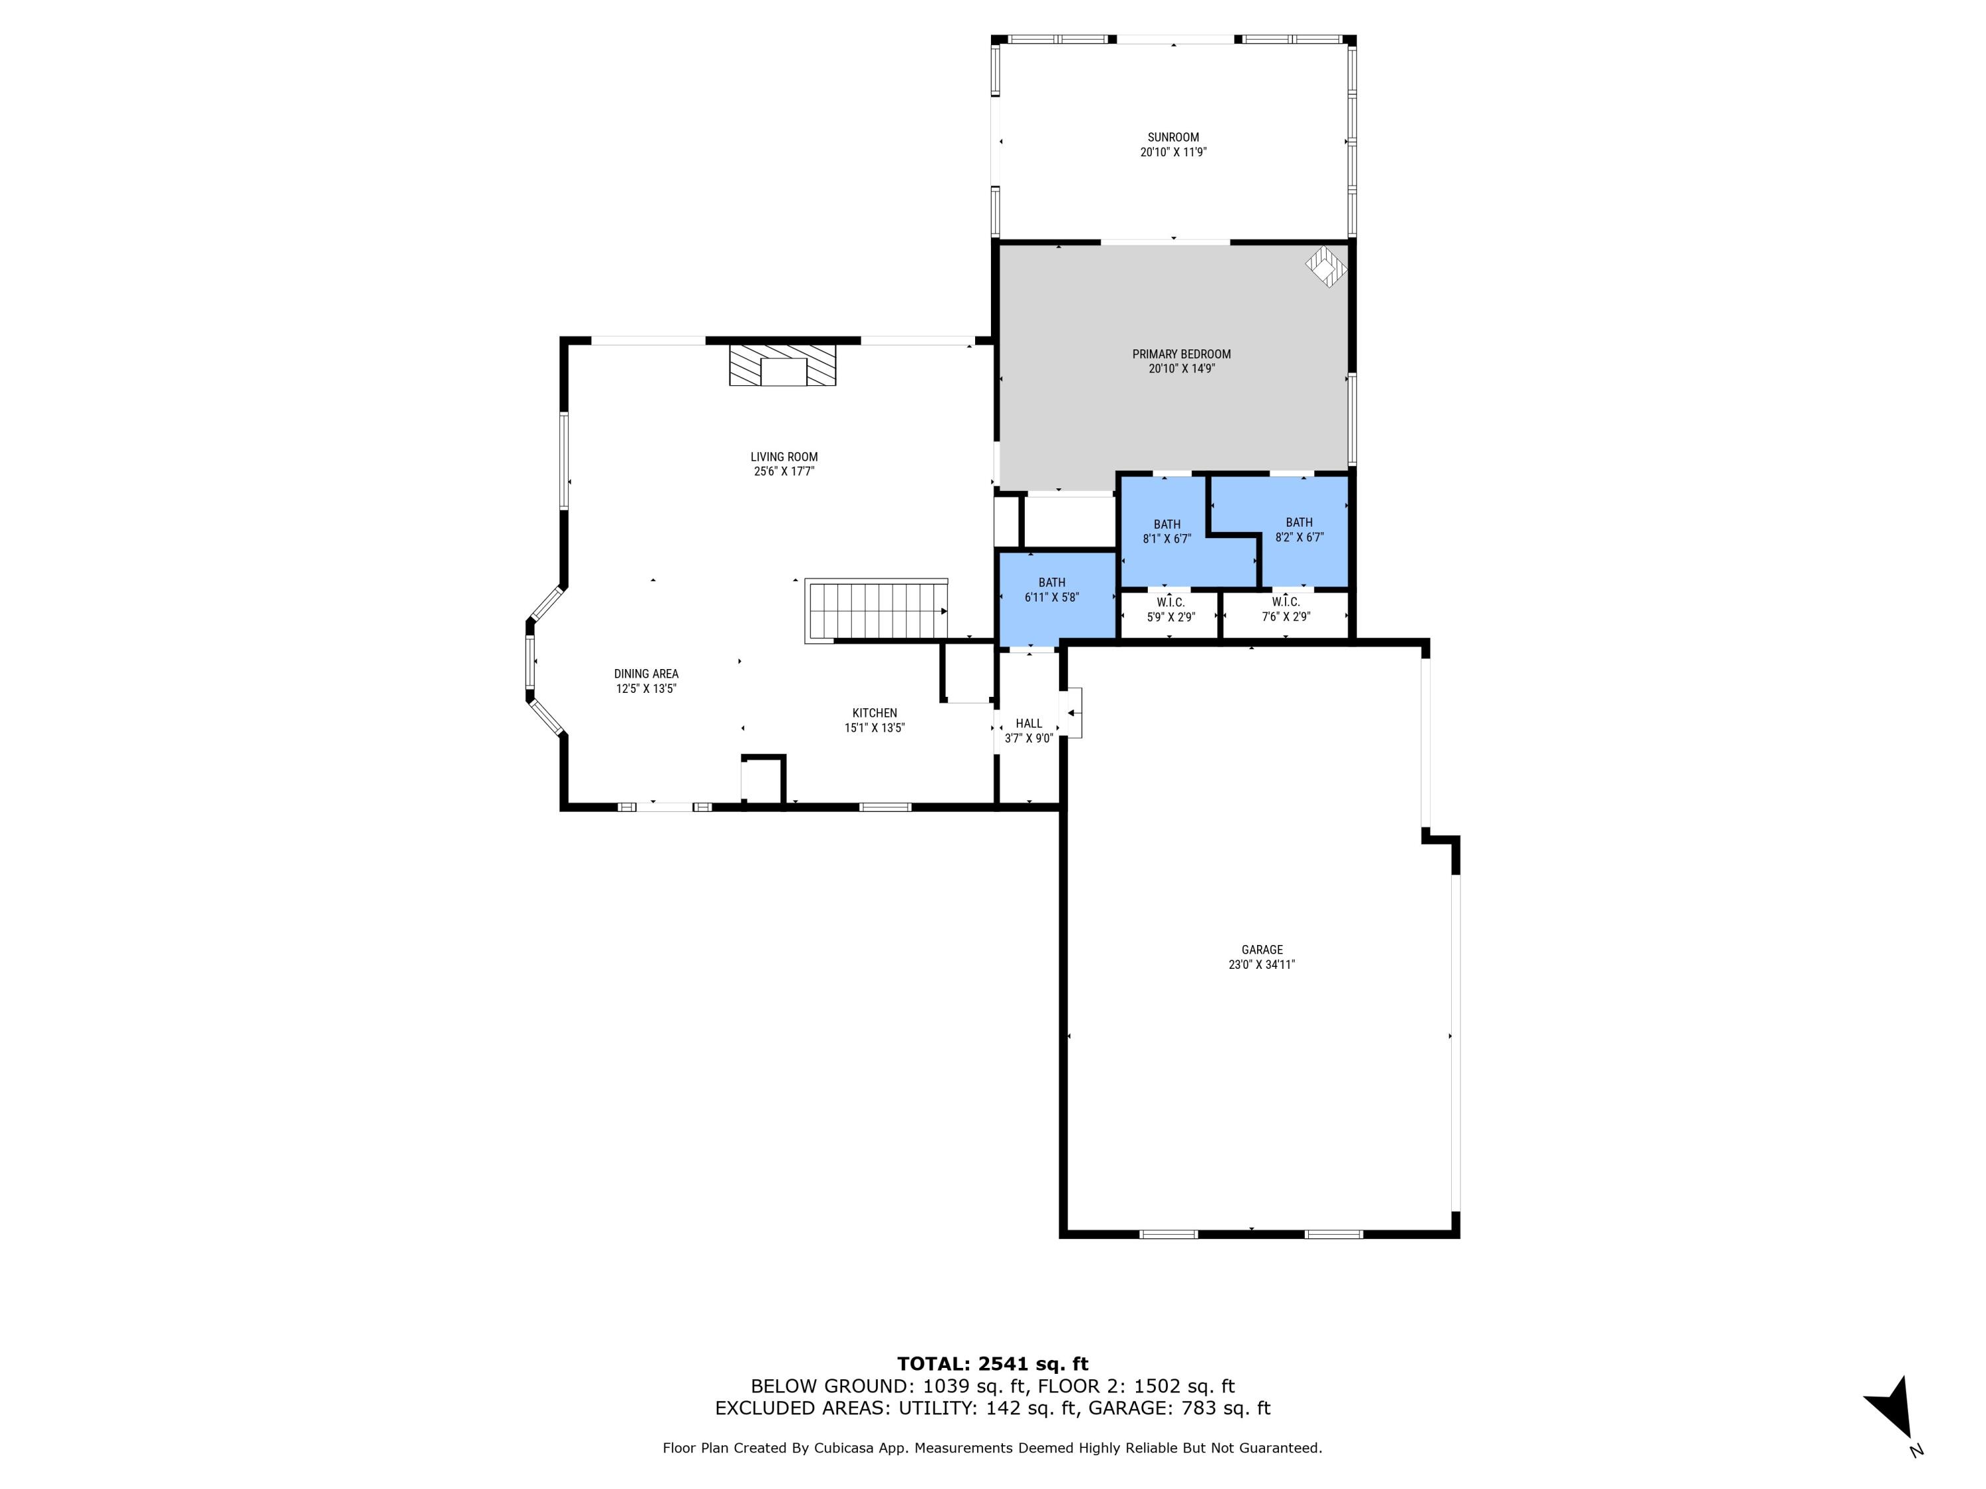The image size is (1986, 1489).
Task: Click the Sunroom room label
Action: (1172, 138)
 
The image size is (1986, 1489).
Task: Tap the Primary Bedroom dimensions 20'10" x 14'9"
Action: (1180, 369)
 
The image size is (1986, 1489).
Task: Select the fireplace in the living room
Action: (782, 365)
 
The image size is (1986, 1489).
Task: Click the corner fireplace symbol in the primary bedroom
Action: (1325, 267)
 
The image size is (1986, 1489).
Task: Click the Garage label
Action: (1262, 950)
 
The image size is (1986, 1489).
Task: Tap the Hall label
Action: (1028, 723)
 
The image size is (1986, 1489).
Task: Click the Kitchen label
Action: (874, 713)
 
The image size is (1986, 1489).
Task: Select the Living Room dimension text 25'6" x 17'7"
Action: (784, 471)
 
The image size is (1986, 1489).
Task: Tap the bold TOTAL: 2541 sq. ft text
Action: (992, 1364)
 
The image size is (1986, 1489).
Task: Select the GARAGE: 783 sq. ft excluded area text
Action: (1179, 1408)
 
